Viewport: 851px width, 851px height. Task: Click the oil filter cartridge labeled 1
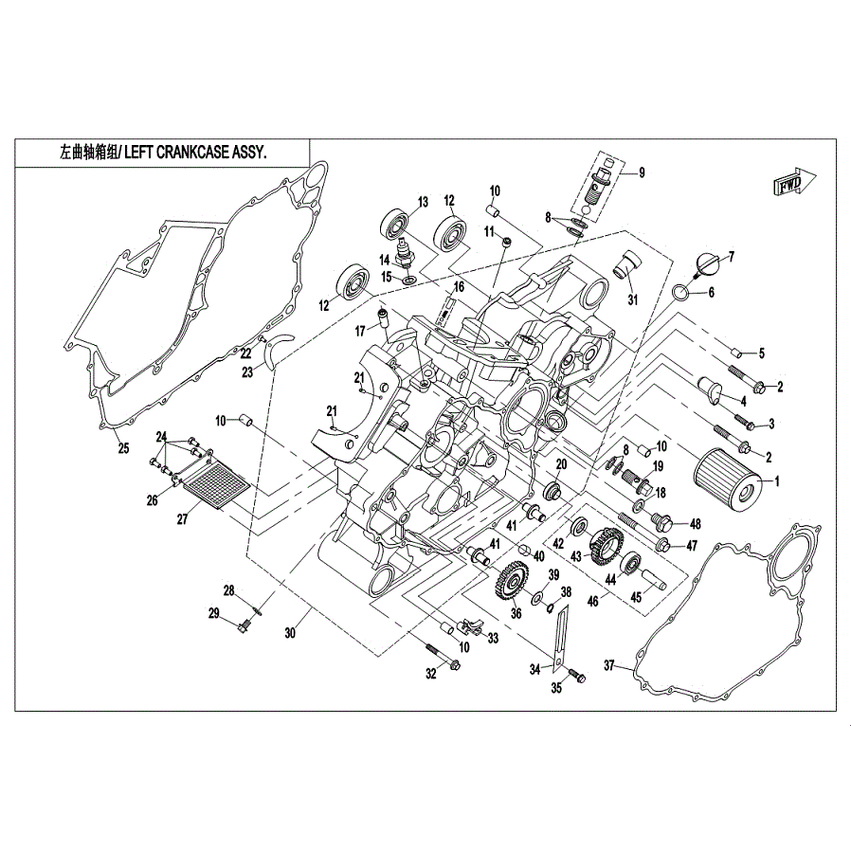pyautogui.click(x=728, y=479)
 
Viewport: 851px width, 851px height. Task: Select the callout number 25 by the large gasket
pyautogui.click(x=124, y=448)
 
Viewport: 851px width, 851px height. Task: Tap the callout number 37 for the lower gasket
pyautogui.click(x=609, y=665)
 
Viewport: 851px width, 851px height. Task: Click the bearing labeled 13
pyautogui.click(x=396, y=223)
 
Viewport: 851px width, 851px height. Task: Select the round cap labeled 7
pyautogui.click(x=708, y=266)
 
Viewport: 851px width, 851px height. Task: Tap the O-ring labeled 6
pyautogui.click(x=682, y=292)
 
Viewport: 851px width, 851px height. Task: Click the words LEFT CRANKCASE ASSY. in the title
pyautogui.click(x=196, y=154)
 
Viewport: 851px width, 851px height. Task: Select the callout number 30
pyautogui.click(x=290, y=632)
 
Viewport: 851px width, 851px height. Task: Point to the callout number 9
pyautogui.click(x=642, y=173)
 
